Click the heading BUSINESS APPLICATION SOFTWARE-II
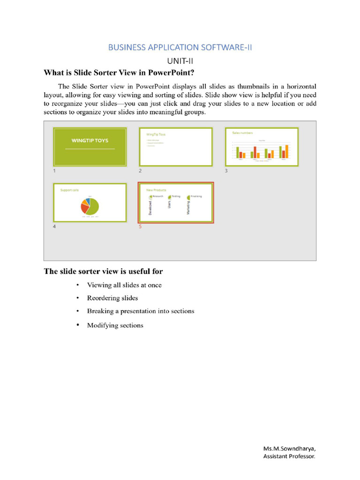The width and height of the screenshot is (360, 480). click(180, 47)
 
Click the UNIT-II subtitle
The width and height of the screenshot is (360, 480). click(180, 61)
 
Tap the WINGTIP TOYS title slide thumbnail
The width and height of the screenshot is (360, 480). click(90, 147)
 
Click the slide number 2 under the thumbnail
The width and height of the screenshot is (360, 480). click(140, 171)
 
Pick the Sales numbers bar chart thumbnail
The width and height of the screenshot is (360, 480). click(262, 147)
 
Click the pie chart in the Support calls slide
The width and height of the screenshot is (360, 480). click(90, 206)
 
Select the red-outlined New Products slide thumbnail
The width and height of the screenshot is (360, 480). click(176, 202)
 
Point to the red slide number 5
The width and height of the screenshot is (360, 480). click(140, 227)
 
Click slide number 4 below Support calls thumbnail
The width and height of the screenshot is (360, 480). click(54, 227)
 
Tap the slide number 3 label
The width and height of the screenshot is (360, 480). click(226, 171)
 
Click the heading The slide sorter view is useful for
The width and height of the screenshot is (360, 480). click(103, 271)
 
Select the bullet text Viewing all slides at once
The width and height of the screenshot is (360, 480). click(124, 285)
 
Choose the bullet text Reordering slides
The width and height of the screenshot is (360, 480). click(112, 298)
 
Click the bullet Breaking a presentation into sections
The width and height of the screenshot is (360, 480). click(141, 311)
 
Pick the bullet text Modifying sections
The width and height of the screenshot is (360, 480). click(115, 325)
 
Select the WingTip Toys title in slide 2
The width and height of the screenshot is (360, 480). click(156, 135)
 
